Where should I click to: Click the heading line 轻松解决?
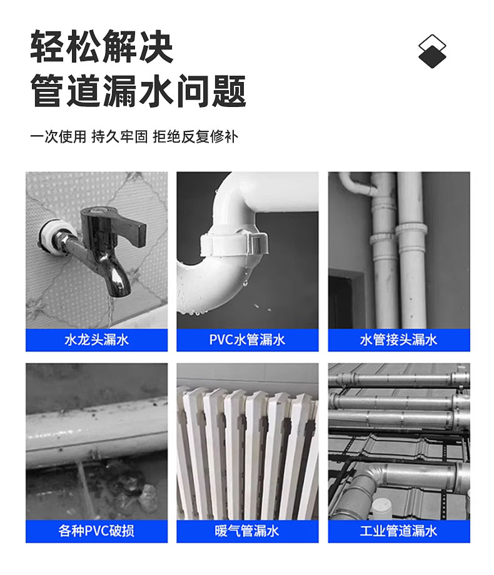point(101,46)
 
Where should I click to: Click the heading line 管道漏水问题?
point(138,91)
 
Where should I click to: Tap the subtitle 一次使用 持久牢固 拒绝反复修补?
point(134,136)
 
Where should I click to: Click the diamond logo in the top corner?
point(432,51)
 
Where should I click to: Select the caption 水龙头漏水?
point(97,340)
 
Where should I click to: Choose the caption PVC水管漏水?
point(248,340)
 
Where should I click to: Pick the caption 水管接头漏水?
point(399,340)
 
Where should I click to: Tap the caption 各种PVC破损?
point(97,531)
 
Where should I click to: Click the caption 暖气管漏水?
point(248,531)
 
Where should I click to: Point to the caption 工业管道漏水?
point(399,531)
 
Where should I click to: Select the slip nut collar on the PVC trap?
point(234,244)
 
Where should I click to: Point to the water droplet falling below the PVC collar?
point(246,283)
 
